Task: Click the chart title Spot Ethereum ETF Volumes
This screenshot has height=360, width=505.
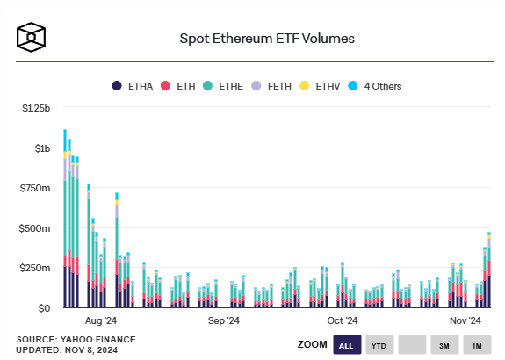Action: point(268,39)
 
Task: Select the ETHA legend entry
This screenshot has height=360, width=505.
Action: point(133,86)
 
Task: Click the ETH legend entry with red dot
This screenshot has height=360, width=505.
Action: point(179,86)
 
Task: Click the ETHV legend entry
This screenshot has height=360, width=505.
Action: point(321,86)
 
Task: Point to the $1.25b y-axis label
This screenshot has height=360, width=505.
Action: point(36,108)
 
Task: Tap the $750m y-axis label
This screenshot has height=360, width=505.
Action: point(36,188)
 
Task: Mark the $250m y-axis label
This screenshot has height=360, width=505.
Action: point(36,268)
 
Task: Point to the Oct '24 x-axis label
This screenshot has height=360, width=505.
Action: point(342,321)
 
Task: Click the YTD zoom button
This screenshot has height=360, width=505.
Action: point(379,346)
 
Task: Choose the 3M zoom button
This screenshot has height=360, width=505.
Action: point(444,346)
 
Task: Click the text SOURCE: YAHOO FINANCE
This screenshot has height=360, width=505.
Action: point(66,339)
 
